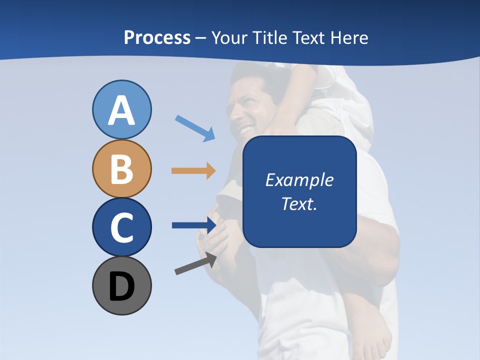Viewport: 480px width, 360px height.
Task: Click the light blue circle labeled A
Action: (x=121, y=109)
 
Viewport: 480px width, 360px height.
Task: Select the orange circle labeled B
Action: (x=121, y=168)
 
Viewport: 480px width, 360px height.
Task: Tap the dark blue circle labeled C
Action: (x=121, y=227)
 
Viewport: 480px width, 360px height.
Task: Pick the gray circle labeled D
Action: (x=121, y=285)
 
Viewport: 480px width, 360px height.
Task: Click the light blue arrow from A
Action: (x=195, y=128)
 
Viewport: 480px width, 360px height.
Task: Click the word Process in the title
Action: (x=157, y=37)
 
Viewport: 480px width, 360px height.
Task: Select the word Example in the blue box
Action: (x=299, y=180)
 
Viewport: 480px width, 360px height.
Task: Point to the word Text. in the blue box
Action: (x=299, y=203)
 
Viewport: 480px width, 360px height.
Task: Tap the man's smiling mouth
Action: (x=246, y=130)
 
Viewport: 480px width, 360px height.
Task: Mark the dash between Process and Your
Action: (x=201, y=38)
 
